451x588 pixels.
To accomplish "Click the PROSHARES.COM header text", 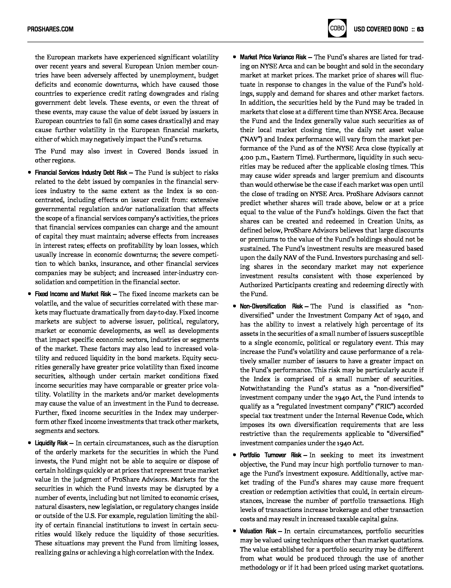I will click(50, 29).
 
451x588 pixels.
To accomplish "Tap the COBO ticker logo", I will click(337, 28).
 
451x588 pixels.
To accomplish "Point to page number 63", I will click(420, 29).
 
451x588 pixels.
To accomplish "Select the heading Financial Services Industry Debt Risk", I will click(81, 173).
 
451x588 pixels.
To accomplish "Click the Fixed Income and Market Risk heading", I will click(73, 294).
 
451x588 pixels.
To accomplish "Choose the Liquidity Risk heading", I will click(51, 443).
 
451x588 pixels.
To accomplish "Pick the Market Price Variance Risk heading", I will click(273, 57).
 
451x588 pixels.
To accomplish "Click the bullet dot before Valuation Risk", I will click(234, 531).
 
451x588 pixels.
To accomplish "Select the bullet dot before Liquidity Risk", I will click(29, 443).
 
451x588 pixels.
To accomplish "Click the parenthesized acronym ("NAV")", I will click(251, 139).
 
